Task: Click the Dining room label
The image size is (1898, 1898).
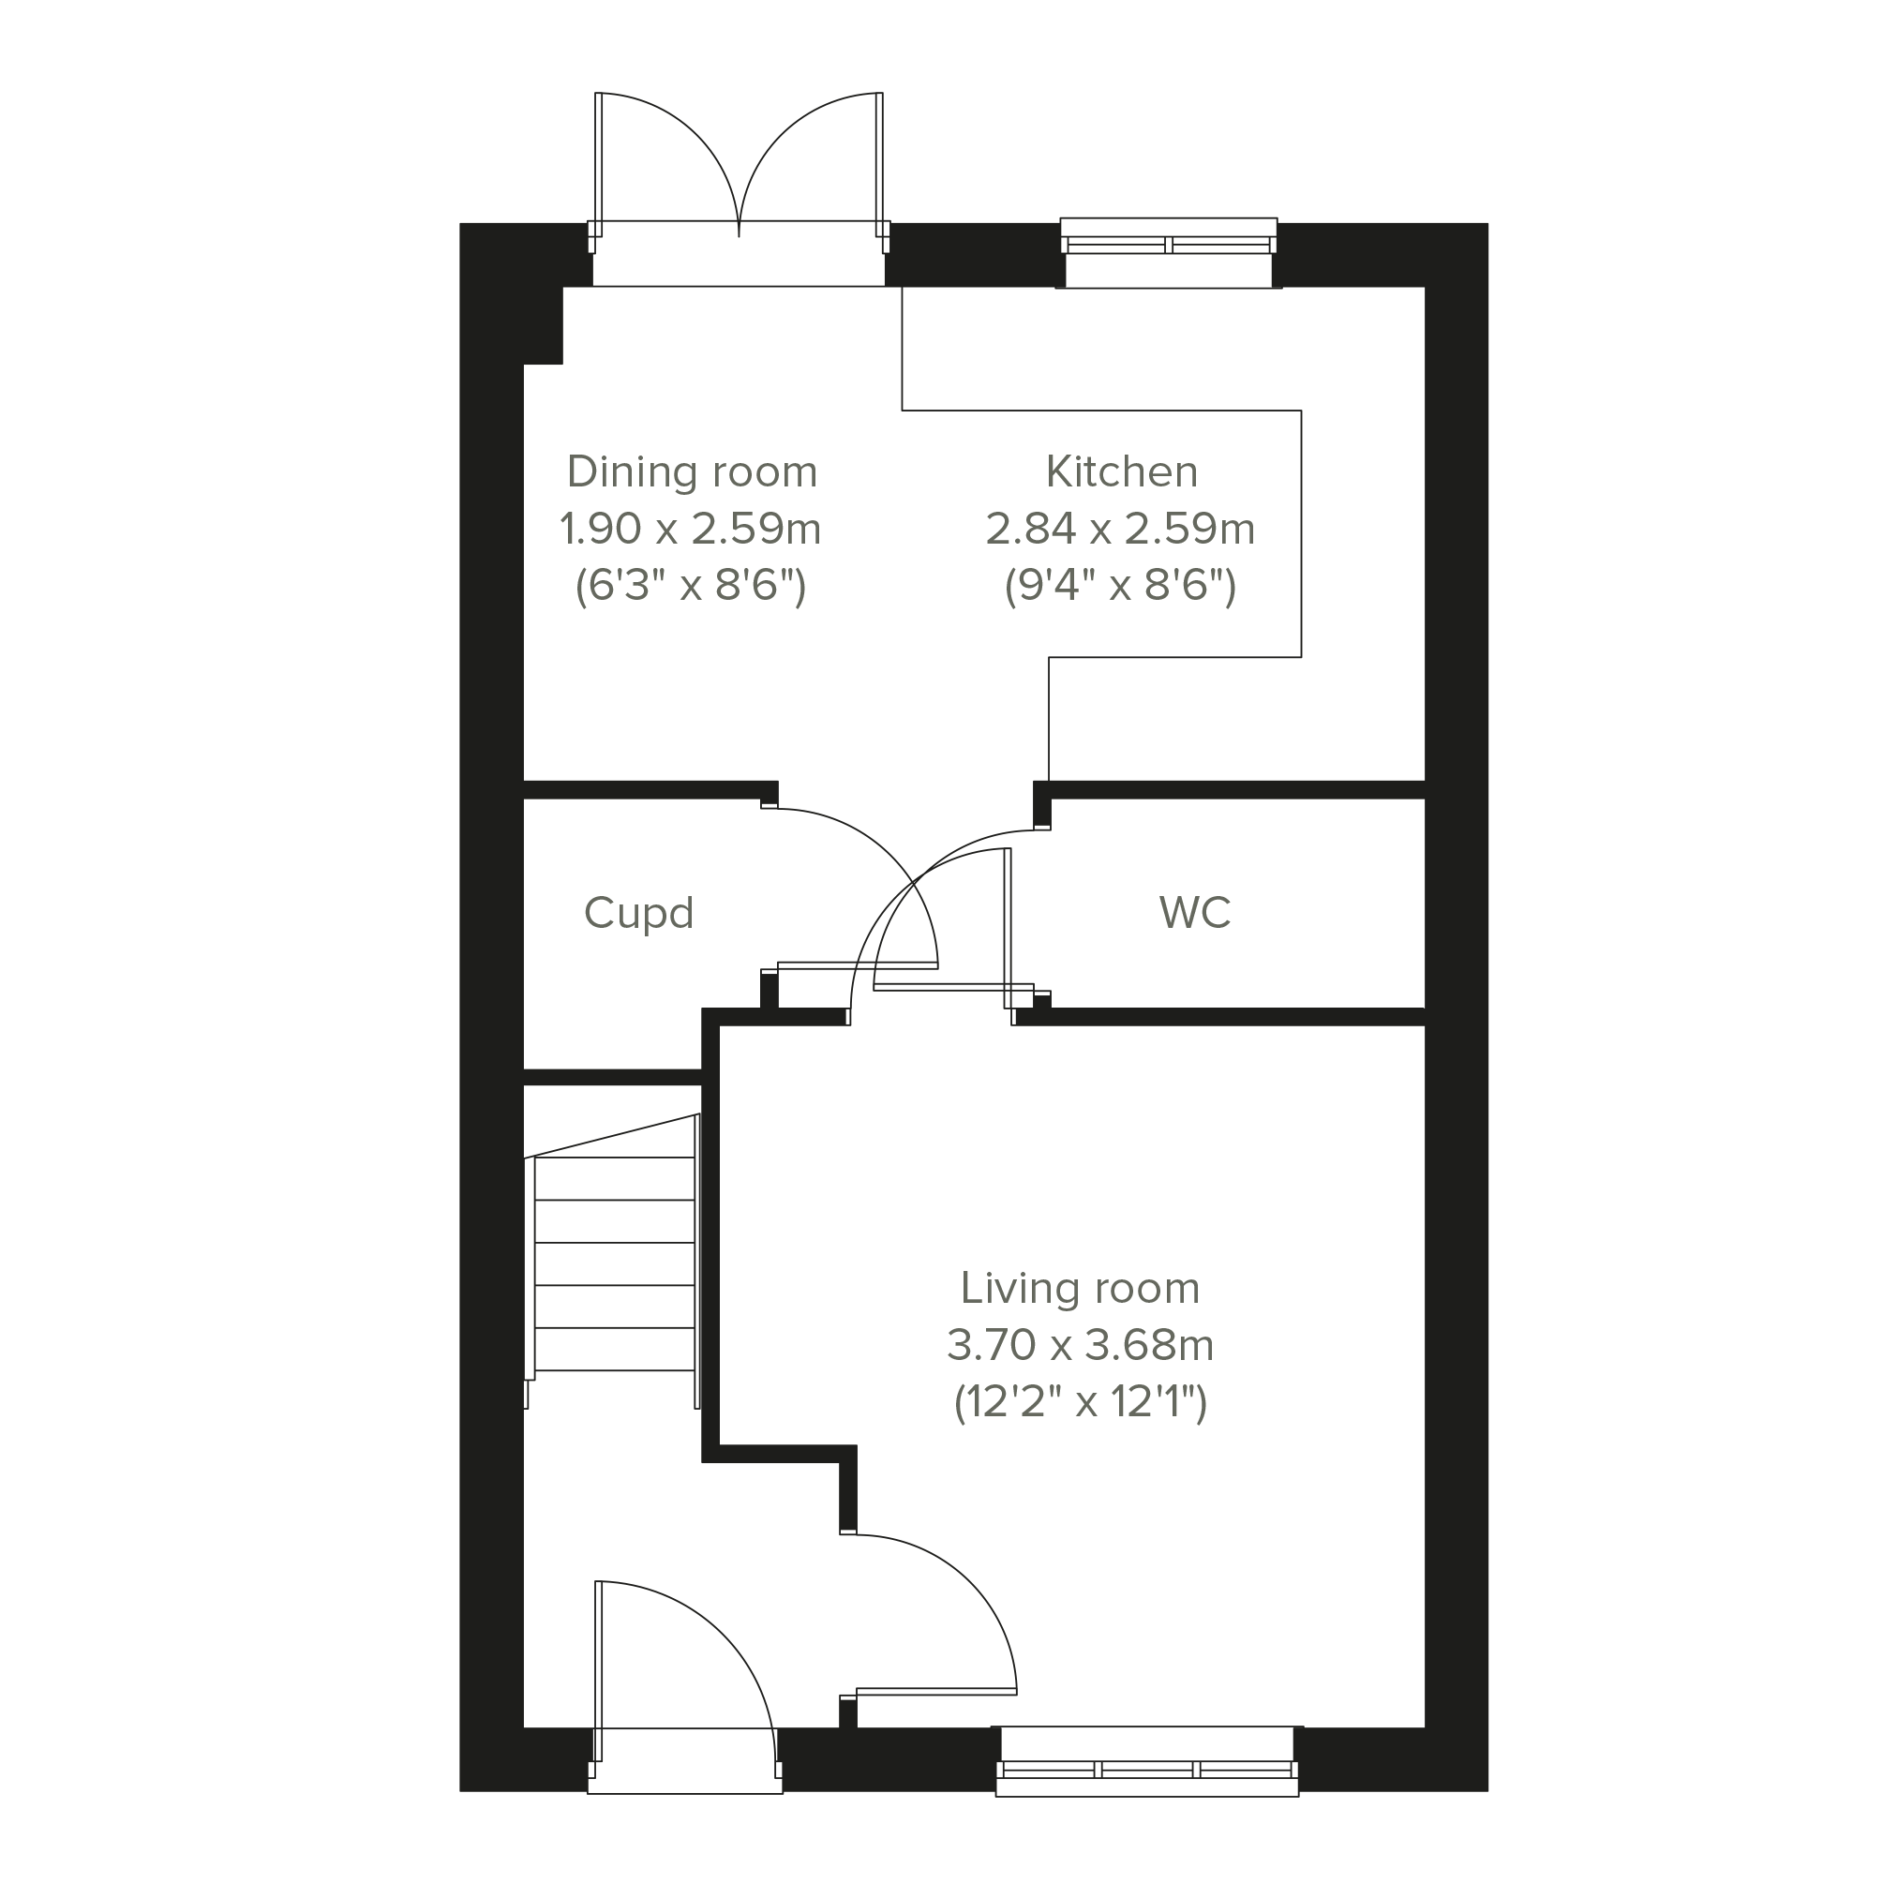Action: click(x=692, y=472)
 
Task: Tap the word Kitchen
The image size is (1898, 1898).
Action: click(x=1121, y=472)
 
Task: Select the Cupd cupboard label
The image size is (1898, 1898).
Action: click(x=638, y=914)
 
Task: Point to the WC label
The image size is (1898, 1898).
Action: click(x=1195, y=913)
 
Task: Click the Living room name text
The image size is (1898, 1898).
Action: click(x=1080, y=1289)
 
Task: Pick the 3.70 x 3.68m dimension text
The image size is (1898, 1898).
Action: click(x=1080, y=1345)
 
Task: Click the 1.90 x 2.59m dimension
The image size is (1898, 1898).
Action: click(x=690, y=530)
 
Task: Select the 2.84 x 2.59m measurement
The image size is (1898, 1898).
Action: click(x=1120, y=530)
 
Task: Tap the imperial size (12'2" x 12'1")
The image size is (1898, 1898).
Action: click(x=1080, y=1402)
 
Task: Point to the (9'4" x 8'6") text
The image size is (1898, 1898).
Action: click(x=1120, y=587)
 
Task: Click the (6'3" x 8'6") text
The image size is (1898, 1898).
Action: click(x=690, y=587)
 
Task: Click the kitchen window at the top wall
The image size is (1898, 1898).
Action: click(x=1168, y=252)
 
